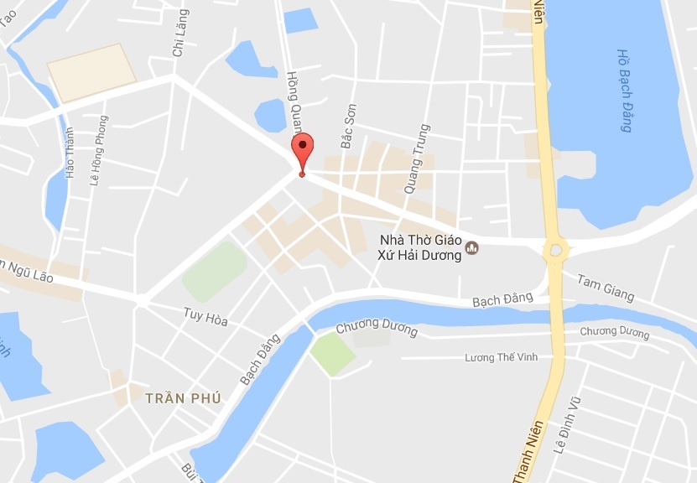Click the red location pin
(x=302, y=152)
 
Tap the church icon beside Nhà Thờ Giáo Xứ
(x=472, y=248)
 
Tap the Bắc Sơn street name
(x=348, y=126)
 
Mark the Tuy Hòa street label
(x=205, y=317)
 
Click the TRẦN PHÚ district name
(x=183, y=398)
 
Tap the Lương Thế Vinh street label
(x=502, y=358)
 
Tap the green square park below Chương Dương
(x=332, y=354)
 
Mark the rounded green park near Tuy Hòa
(x=215, y=271)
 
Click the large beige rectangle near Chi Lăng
(x=91, y=71)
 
